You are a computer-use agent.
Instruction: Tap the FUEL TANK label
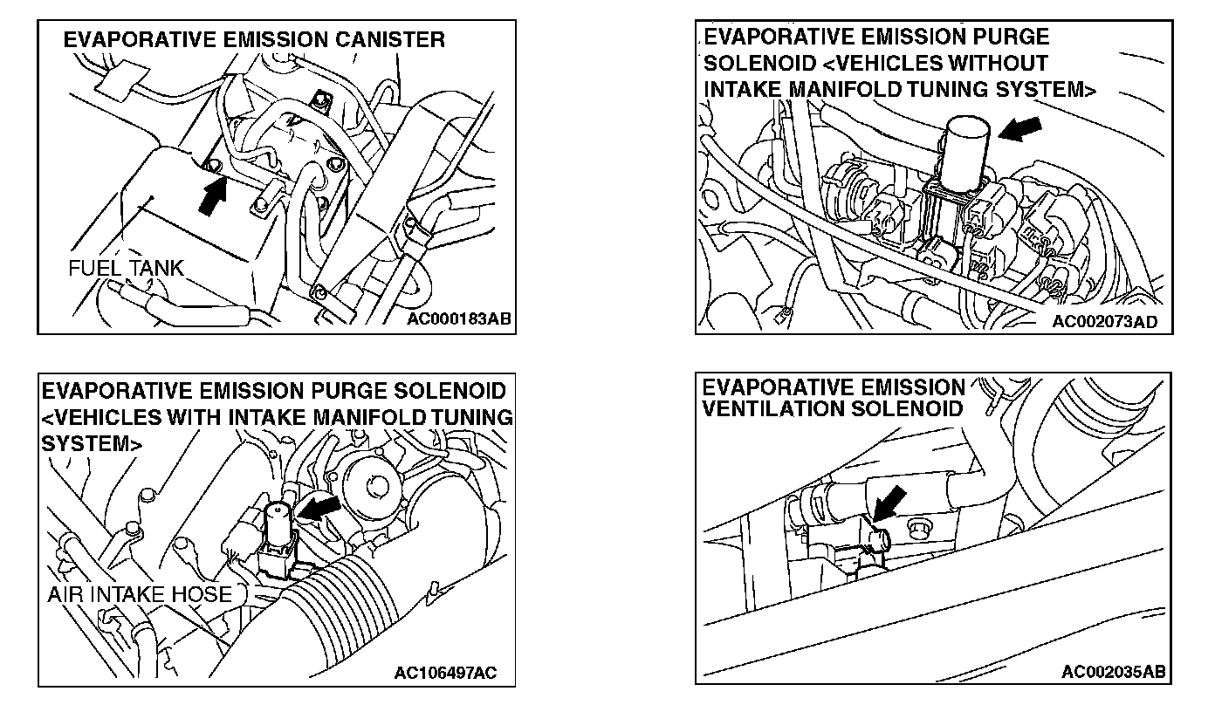click(x=127, y=267)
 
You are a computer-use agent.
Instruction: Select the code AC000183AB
click(x=457, y=319)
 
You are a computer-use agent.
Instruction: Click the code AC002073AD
click(x=1104, y=321)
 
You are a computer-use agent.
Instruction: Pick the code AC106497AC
click(x=445, y=673)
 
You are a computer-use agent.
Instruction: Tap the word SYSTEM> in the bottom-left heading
click(x=92, y=442)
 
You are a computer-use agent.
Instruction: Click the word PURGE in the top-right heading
click(x=1011, y=37)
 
